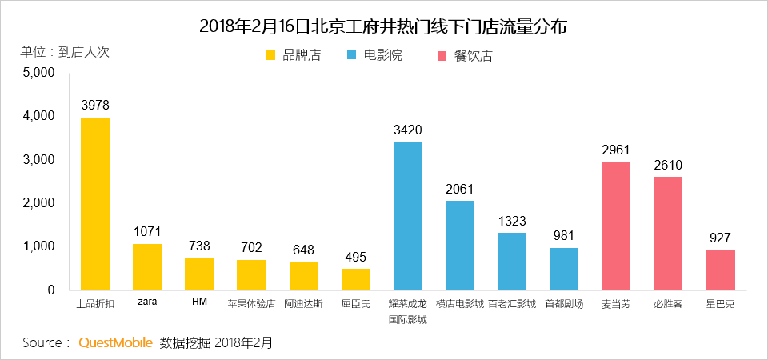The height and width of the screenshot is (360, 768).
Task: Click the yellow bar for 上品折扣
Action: [x=95, y=204]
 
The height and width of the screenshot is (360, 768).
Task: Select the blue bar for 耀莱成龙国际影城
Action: [x=407, y=216]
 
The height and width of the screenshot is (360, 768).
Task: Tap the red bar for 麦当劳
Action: [x=616, y=226]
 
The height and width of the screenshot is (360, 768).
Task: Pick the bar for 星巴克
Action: [x=720, y=270]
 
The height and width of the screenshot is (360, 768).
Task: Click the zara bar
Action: [x=147, y=267]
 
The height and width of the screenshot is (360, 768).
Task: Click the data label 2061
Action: [x=459, y=189]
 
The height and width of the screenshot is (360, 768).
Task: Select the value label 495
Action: [x=355, y=257]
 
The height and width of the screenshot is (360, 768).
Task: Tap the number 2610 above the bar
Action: [x=668, y=165]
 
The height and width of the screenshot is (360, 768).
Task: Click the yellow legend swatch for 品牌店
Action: [x=270, y=56]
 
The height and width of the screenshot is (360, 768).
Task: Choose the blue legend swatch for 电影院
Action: [x=353, y=56]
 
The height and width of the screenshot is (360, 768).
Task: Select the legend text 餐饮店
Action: [x=473, y=56]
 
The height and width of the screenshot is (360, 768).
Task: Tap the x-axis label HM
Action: [x=199, y=303]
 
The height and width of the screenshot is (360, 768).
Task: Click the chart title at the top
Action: [x=383, y=26]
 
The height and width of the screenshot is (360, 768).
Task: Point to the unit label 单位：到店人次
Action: [x=64, y=52]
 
